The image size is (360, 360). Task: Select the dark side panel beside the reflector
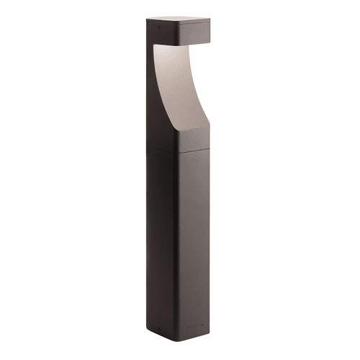point(156,94)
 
